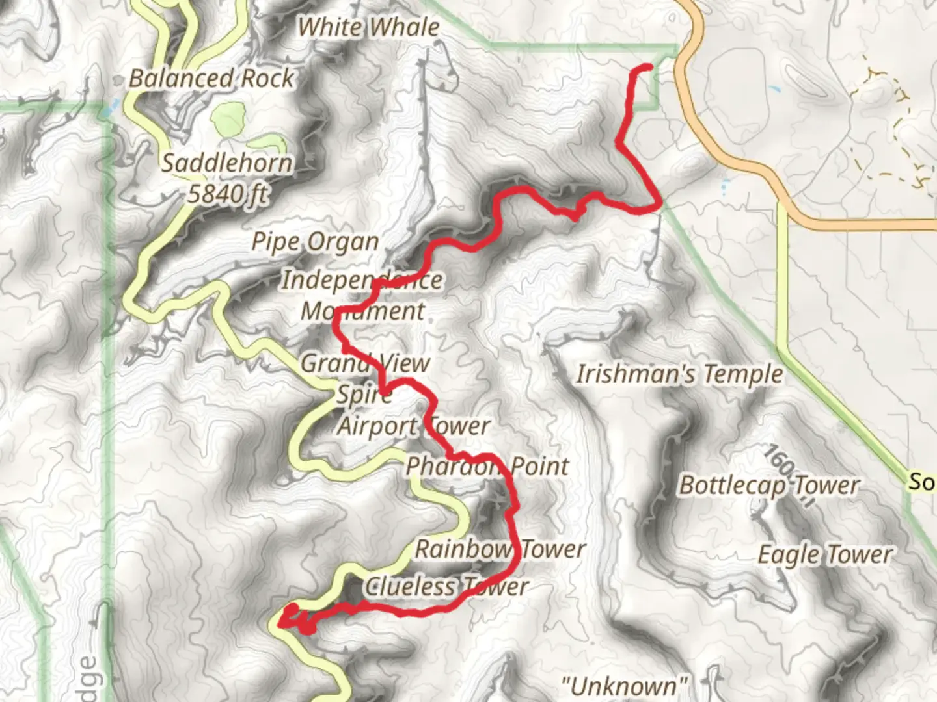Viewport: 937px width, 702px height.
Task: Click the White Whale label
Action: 368,27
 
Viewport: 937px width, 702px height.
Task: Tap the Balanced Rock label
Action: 211,79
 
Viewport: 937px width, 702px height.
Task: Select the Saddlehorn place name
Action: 227,163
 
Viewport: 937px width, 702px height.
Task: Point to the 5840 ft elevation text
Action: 227,193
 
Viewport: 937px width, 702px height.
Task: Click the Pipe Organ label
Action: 316,242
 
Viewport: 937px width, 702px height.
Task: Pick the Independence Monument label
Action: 362,296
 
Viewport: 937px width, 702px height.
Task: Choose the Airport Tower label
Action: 413,426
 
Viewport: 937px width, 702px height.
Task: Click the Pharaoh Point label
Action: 487,466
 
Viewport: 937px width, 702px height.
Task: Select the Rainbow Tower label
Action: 500,549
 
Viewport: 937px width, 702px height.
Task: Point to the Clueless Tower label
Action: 446,586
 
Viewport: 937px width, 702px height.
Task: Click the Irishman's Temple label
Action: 679,374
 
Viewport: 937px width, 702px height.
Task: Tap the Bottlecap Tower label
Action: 769,486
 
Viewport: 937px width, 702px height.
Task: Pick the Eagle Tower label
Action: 825,555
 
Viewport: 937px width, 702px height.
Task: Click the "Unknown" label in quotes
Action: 624,686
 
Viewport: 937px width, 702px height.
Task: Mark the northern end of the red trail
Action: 648,68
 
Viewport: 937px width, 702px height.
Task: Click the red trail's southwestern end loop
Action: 291,616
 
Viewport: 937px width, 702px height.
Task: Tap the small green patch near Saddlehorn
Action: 228,120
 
